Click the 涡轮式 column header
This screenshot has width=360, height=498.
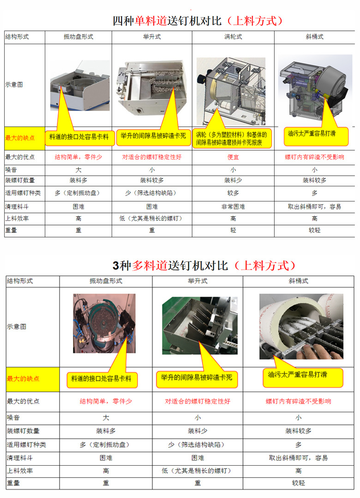[233, 37]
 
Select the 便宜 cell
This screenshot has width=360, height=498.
[233, 157]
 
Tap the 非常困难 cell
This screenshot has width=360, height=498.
[233, 207]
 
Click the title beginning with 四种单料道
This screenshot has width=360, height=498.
[198, 21]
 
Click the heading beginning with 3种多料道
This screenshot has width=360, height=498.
[204, 266]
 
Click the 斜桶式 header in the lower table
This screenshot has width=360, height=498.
[299, 280]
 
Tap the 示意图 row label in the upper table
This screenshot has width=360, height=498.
[14, 85]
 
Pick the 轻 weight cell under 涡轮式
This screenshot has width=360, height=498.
[233, 230]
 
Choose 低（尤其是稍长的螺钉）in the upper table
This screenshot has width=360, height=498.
[152, 219]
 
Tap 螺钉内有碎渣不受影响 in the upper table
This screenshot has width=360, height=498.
[314, 157]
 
